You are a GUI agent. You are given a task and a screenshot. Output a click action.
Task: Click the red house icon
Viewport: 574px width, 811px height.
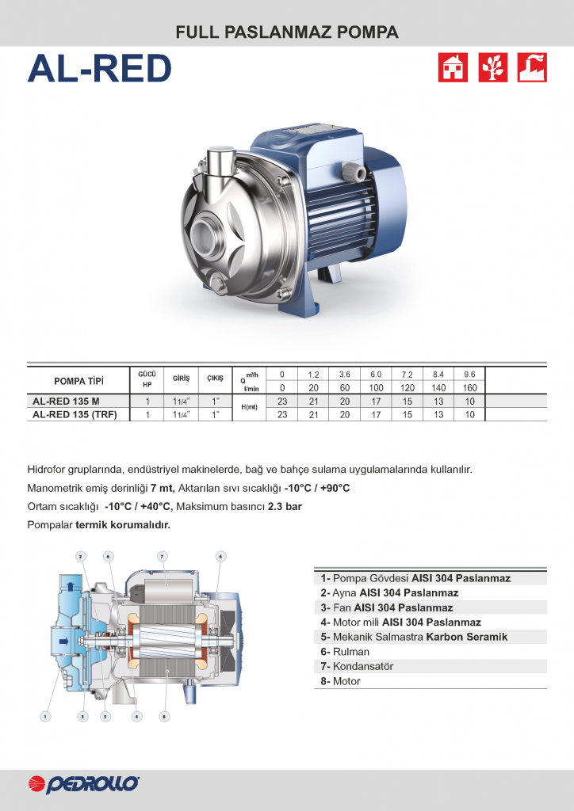[453, 67]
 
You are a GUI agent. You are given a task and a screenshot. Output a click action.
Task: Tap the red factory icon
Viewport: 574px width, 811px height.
[532, 67]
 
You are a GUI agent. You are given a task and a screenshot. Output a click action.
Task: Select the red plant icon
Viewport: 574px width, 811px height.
[493, 67]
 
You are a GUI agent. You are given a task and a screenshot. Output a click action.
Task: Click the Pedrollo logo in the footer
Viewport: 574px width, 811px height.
[84, 784]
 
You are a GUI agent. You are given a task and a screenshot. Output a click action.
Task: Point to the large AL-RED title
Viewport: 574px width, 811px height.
[99, 69]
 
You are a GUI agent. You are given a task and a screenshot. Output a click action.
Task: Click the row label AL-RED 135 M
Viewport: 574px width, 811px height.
[67, 401]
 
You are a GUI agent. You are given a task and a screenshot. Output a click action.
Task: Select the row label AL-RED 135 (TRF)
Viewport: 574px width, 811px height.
[75, 414]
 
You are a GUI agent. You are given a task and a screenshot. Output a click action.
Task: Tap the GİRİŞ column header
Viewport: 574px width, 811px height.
[181, 378]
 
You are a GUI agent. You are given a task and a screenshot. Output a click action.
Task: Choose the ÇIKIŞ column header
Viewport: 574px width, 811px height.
[216, 378]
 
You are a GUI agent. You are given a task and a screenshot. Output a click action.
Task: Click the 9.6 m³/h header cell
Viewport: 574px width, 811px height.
[469, 375]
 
